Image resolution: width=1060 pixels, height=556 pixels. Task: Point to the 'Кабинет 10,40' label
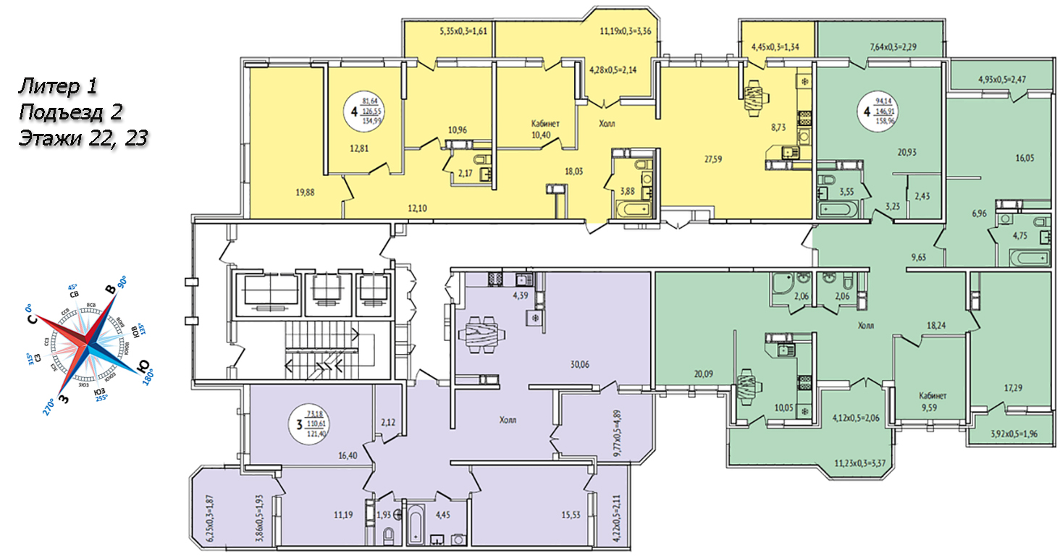tap(546, 130)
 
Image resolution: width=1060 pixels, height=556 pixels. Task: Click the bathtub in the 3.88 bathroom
tap(633, 211)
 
